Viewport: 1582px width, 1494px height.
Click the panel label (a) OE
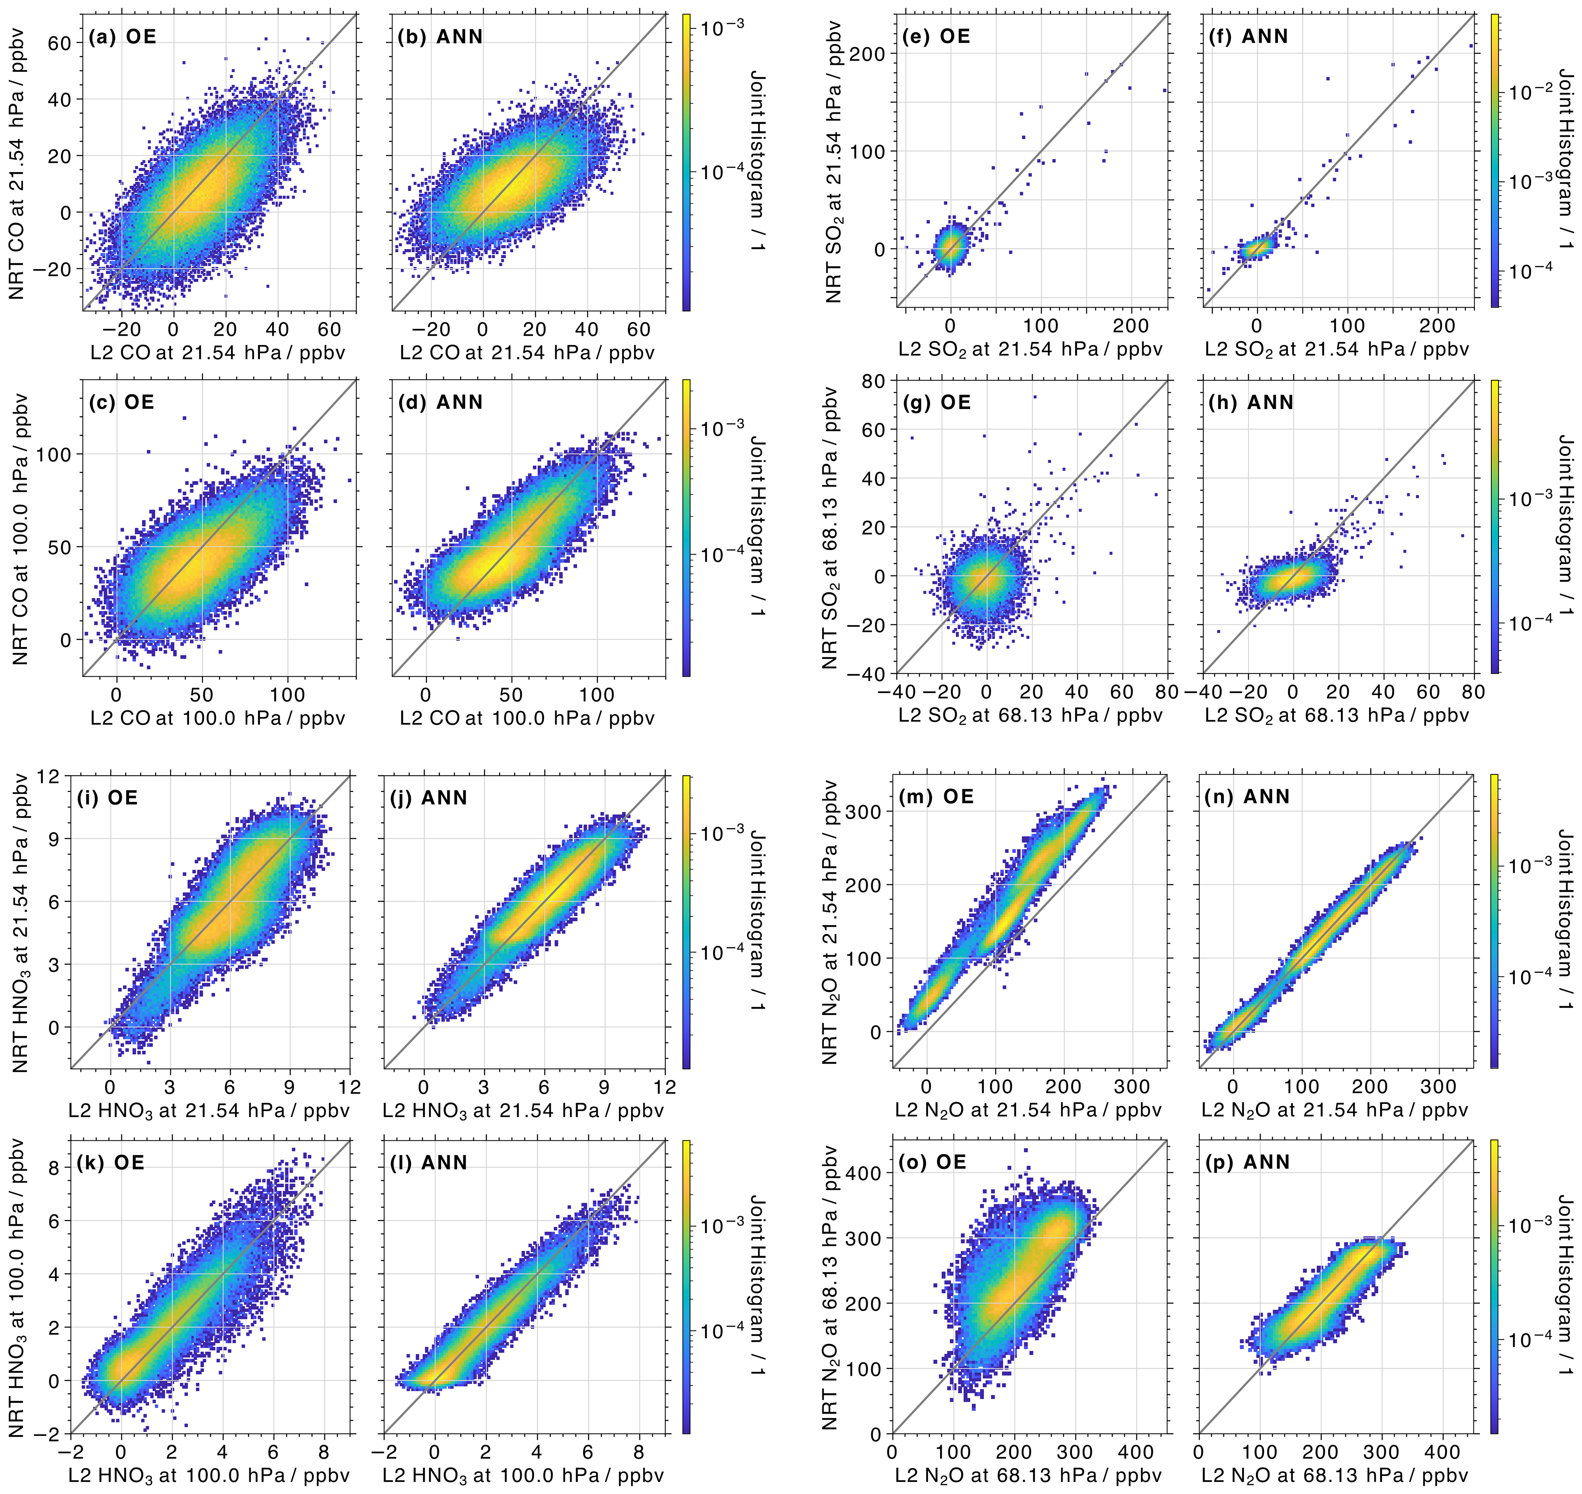[122, 37]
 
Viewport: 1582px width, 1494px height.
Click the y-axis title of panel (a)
[17, 163]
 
